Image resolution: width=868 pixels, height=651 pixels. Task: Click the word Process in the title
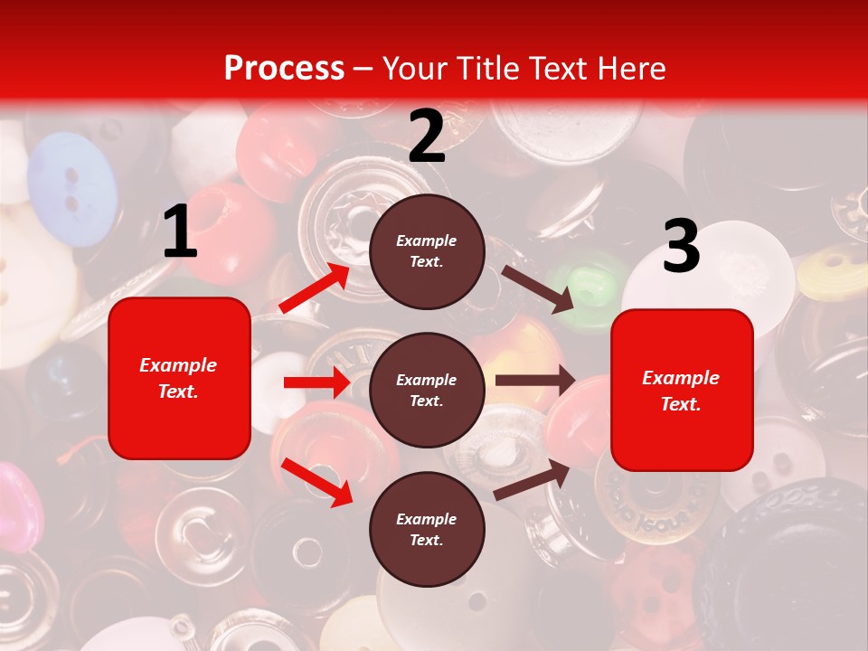(x=284, y=68)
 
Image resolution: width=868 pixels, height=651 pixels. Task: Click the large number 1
(x=180, y=232)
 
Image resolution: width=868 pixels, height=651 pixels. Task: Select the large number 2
(x=427, y=137)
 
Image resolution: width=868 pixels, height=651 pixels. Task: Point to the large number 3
(x=681, y=247)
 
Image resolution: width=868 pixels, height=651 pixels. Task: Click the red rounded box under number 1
(x=179, y=378)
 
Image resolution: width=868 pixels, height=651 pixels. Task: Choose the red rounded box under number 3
(x=682, y=390)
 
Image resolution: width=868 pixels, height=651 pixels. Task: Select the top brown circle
(x=427, y=250)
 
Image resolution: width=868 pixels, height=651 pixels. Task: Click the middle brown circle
(x=427, y=390)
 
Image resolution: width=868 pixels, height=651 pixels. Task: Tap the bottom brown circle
(x=427, y=529)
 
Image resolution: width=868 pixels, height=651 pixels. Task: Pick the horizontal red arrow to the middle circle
(x=316, y=382)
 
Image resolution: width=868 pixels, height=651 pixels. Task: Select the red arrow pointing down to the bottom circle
(x=316, y=482)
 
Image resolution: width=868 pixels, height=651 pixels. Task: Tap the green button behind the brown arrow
(x=588, y=289)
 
